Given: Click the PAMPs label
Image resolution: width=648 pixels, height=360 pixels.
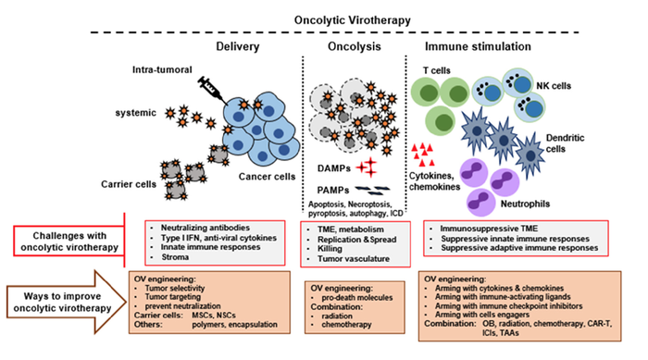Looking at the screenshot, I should click(x=323, y=189).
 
